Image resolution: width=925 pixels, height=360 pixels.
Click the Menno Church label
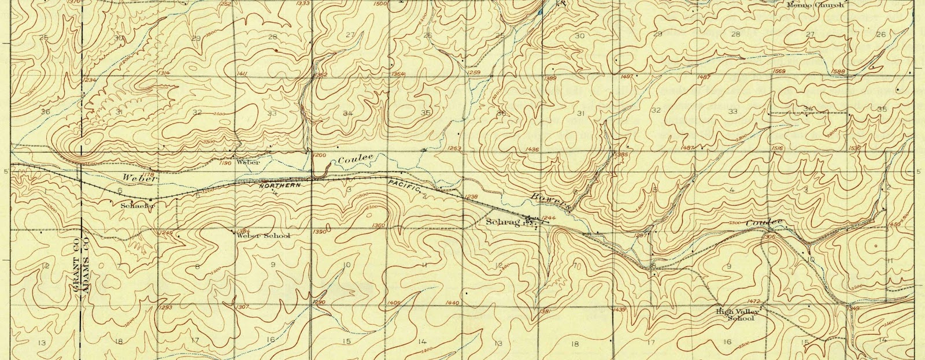coord(816,5)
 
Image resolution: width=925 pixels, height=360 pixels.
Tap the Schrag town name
coord(500,222)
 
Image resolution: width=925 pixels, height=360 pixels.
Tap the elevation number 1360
coord(379,225)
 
